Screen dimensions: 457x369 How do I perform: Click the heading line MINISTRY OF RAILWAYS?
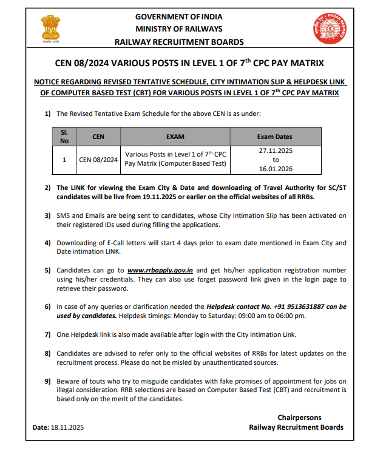click(179, 29)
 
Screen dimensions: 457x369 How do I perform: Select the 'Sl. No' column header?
click(64, 137)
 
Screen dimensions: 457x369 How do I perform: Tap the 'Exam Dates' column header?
click(274, 137)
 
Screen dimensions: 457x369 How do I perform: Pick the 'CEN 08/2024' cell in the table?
click(98, 160)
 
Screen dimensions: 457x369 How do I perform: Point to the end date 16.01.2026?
click(274, 170)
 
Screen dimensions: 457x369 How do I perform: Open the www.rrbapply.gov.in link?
click(161, 269)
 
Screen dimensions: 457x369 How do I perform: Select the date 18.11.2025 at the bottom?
click(66, 427)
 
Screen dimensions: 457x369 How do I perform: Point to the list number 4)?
click(48, 243)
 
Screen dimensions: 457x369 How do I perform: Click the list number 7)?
click(48, 334)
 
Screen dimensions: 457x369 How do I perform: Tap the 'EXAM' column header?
click(175, 137)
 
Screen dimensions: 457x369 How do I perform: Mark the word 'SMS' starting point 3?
click(64, 215)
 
